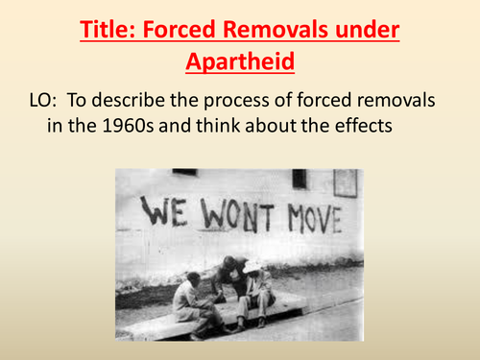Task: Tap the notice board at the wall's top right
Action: [x=345, y=181]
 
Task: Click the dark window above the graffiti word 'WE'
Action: [x=185, y=172]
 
